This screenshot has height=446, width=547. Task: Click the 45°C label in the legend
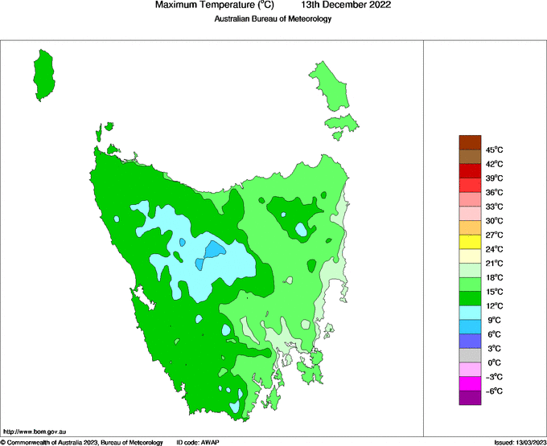click(x=494, y=149)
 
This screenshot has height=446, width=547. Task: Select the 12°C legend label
click(x=494, y=306)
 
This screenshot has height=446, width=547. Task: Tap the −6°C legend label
click(x=494, y=391)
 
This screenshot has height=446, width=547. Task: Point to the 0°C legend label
click(x=494, y=362)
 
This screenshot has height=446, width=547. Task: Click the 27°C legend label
click(x=494, y=235)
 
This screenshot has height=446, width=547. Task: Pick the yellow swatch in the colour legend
click(x=470, y=242)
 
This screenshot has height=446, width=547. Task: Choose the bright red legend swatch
click(x=470, y=171)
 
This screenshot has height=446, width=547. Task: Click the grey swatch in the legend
click(x=470, y=355)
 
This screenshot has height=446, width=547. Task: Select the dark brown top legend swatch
click(x=470, y=142)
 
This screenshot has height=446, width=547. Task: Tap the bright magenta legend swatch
click(x=470, y=383)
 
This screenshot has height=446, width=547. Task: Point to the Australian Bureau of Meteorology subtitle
click(x=273, y=19)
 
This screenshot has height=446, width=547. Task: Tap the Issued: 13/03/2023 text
click(x=520, y=442)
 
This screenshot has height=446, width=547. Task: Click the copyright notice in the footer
click(x=82, y=442)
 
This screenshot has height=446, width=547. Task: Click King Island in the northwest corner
click(x=44, y=75)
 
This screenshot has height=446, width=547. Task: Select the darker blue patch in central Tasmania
click(x=212, y=250)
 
